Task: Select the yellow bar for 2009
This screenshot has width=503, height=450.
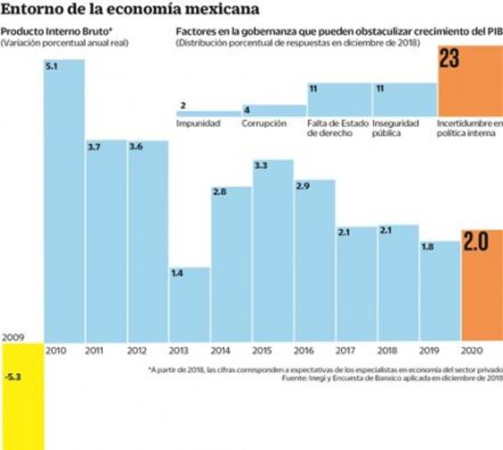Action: point(22,396)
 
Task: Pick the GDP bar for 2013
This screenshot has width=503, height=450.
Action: point(190,305)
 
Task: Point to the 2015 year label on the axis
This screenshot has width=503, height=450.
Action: point(262,350)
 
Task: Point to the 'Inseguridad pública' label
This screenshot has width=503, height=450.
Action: point(396,128)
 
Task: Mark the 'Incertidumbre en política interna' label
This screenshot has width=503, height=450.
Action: point(470,128)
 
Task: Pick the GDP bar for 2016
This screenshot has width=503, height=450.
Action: point(315,261)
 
